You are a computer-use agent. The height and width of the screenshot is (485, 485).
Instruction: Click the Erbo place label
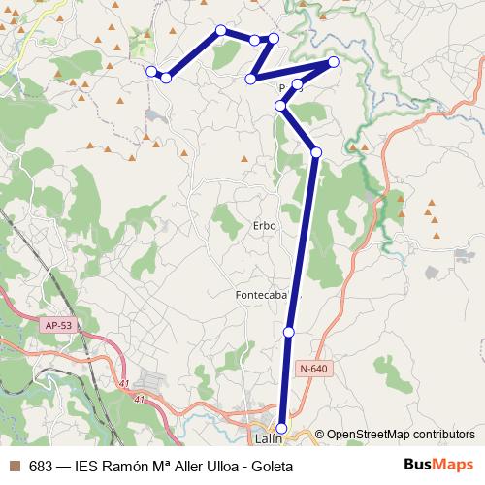pyautogui.click(x=264, y=225)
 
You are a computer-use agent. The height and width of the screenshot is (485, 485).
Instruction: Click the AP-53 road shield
pyautogui.click(x=57, y=325)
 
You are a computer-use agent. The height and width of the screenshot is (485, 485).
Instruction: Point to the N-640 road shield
pyautogui.click(x=314, y=368)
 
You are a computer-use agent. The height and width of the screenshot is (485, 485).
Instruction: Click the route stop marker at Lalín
pyautogui.click(x=282, y=428)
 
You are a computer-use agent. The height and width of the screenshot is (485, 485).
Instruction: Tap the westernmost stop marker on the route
pyautogui.click(x=151, y=71)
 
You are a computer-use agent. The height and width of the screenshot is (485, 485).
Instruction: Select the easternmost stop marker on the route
pyautogui.click(x=334, y=62)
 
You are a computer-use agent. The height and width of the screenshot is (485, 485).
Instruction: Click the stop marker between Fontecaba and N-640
pyautogui.click(x=289, y=333)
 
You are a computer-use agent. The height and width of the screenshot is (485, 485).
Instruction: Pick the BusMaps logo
pyautogui.click(x=438, y=466)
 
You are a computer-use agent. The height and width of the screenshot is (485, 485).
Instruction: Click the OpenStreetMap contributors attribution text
pyautogui.click(x=401, y=435)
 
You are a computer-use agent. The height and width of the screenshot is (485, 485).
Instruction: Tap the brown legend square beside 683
pyautogui.click(x=15, y=466)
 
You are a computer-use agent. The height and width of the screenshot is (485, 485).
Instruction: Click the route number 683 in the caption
pyautogui.click(x=41, y=466)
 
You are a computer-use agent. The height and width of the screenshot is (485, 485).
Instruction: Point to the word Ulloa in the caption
pyautogui.click(x=216, y=466)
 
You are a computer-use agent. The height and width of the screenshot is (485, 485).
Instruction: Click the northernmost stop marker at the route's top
pyautogui.click(x=221, y=31)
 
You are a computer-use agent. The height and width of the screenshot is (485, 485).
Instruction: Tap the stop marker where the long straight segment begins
pyautogui.click(x=316, y=151)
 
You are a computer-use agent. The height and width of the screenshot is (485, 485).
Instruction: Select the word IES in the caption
pyautogui.click(x=87, y=466)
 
